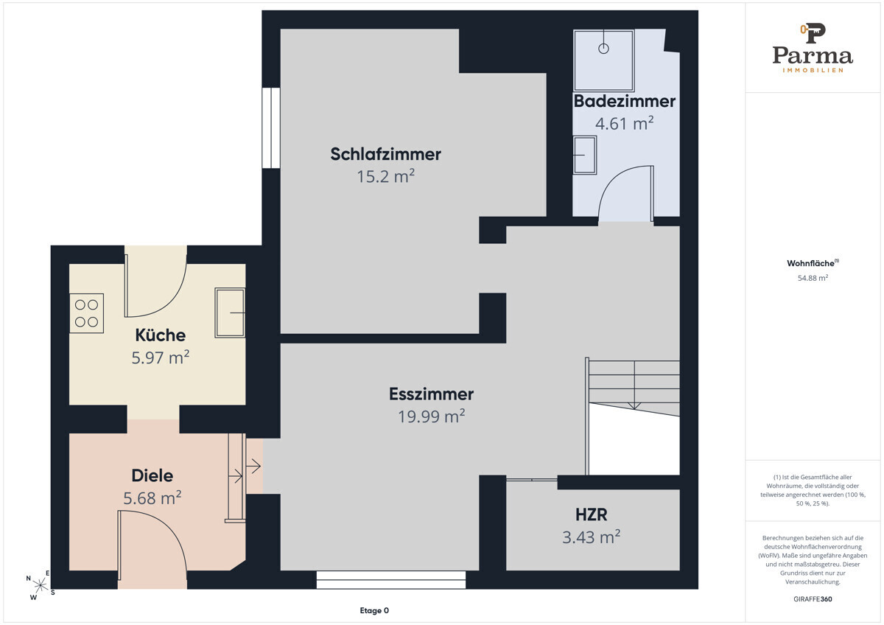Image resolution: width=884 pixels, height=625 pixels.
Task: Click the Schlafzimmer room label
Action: point(385,154)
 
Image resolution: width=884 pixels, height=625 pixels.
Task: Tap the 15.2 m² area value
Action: point(385,176)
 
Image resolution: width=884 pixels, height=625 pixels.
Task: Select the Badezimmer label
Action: point(625,101)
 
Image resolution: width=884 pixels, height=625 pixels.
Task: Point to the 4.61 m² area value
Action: point(625,123)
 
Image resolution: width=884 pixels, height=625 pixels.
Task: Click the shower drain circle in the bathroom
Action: point(603,49)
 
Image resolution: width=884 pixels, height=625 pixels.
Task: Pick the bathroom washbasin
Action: point(584,155)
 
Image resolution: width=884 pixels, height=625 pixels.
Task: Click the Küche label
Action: point(161,335)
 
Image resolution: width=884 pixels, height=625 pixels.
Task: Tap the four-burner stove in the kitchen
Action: point(86,313)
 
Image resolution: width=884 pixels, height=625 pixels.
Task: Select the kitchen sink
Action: point(230,312)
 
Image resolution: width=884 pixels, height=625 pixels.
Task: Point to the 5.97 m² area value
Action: point(161,357)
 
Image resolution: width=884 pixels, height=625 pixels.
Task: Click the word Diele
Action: point(152,476)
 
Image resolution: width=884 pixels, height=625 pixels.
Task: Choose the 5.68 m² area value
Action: point(152,498)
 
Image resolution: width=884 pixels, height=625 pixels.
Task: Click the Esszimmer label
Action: point(432,394)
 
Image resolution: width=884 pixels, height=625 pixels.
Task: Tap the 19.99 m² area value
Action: point(432,416)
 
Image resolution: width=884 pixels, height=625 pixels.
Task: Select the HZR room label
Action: point(591,515)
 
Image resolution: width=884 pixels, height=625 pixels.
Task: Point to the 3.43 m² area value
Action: point(591,537)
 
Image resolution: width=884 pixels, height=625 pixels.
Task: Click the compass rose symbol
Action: point(41,584)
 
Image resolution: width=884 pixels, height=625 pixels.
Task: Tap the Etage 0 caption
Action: point(374,610)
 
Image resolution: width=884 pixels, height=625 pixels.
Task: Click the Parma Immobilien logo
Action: point(813,48)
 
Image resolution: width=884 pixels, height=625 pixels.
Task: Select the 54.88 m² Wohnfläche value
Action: point(813,278)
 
